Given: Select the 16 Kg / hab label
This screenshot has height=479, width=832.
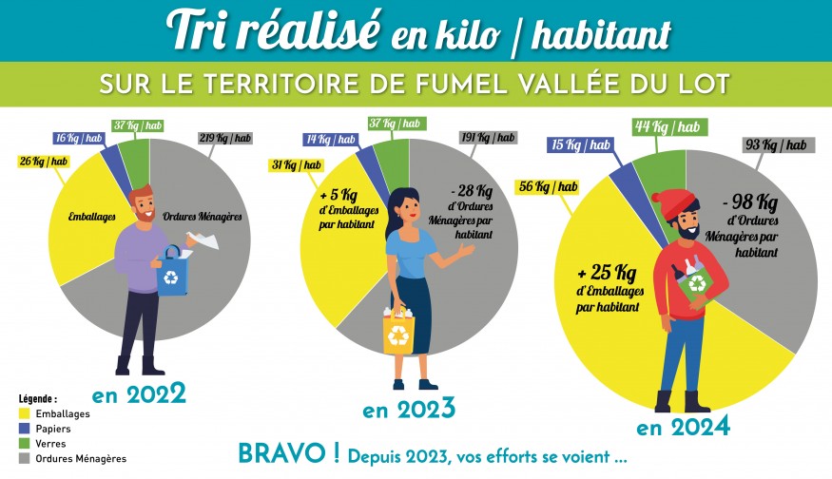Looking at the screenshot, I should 78,138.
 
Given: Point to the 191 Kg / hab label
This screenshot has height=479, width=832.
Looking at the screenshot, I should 488,137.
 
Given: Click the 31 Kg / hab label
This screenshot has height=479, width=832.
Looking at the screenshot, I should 297,165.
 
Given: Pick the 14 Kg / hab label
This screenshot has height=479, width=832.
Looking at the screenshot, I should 329,140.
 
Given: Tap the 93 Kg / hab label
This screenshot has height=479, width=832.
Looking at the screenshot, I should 777,144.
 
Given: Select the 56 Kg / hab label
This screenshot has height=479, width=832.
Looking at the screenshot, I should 546,186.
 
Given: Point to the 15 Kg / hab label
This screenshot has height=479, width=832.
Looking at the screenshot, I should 579,144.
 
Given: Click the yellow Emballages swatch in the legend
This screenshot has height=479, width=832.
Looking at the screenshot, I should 26,414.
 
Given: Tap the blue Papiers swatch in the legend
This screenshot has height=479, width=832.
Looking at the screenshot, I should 26,429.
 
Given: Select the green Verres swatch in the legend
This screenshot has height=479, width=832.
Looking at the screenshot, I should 26,444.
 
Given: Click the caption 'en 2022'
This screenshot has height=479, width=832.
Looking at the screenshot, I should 138,393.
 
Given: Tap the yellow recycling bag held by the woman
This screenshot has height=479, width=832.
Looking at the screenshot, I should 399,335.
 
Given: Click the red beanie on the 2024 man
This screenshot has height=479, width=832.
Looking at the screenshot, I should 674,203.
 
